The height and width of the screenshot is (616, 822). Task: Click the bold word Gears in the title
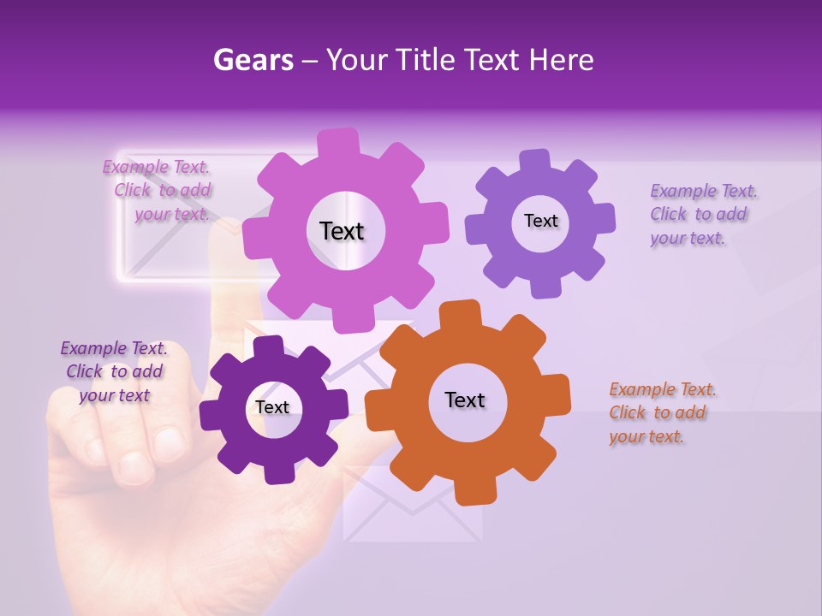tap(253, 60)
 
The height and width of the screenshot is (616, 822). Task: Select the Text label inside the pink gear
tap(342, 231)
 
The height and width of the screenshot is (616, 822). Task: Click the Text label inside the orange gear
tap(465, 400)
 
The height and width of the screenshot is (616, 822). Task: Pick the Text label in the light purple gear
tap(540, 221)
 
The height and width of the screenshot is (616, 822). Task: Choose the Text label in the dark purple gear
tap(272, 407)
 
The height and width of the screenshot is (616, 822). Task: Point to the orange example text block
tap(662, 412)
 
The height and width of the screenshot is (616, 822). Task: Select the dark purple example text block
tap(114, 371)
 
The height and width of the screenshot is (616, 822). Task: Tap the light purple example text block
tap(703, 214)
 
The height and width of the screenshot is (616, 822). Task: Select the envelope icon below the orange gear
tap(411, 509)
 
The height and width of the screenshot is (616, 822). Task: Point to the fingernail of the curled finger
tap(135, 467)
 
